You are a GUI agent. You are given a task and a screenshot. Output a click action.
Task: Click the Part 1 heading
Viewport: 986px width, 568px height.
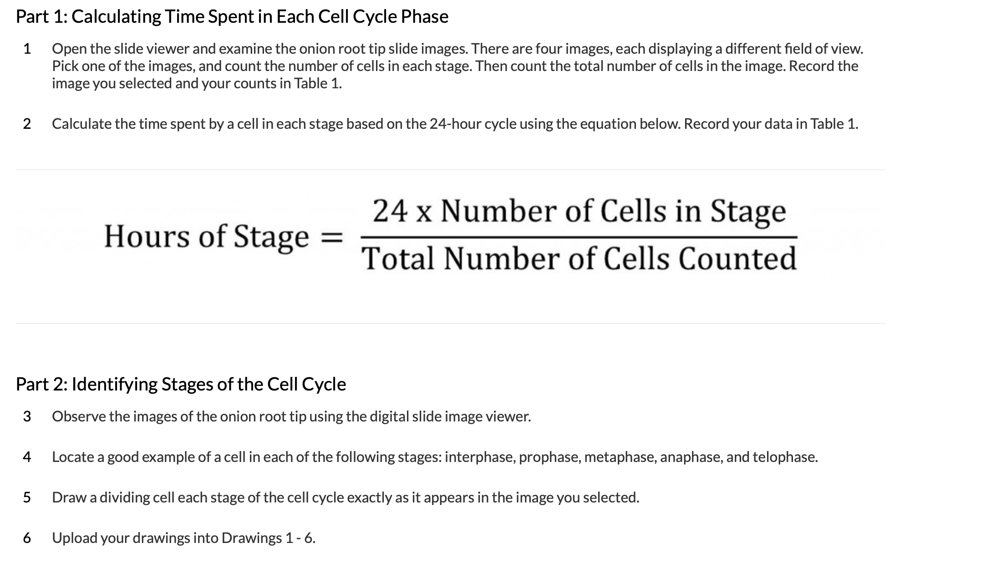[x=232, y=17]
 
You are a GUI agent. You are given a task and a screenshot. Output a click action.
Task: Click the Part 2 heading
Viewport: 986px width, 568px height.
[x=181, y=385]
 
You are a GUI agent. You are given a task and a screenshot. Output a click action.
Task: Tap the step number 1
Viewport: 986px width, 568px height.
[x=27, y=49]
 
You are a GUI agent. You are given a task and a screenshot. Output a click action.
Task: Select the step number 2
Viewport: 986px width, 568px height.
[x=27, y=124]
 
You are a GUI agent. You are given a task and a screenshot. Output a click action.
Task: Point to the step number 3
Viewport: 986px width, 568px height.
[x=27, y=416]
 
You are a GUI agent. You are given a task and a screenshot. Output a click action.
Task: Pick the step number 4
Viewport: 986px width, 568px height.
[x=27, y=457]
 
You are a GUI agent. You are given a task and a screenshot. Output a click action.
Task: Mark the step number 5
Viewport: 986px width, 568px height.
[x=27, y=497]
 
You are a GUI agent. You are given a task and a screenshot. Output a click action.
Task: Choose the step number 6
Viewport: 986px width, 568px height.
[x=27, y=538]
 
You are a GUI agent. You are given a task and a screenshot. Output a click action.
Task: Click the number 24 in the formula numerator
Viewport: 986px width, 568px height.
[x=390, y=212]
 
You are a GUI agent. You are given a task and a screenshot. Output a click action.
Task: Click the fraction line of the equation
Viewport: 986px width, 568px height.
[x=579, y=237]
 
